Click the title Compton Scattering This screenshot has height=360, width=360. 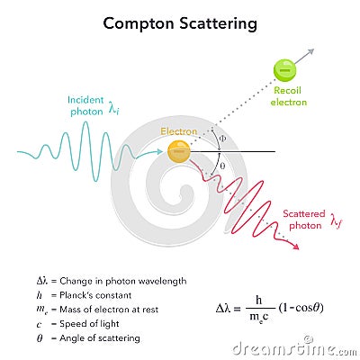(179, 22)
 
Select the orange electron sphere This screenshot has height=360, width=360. (179, 151)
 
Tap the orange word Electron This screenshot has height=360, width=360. (179, 131)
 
